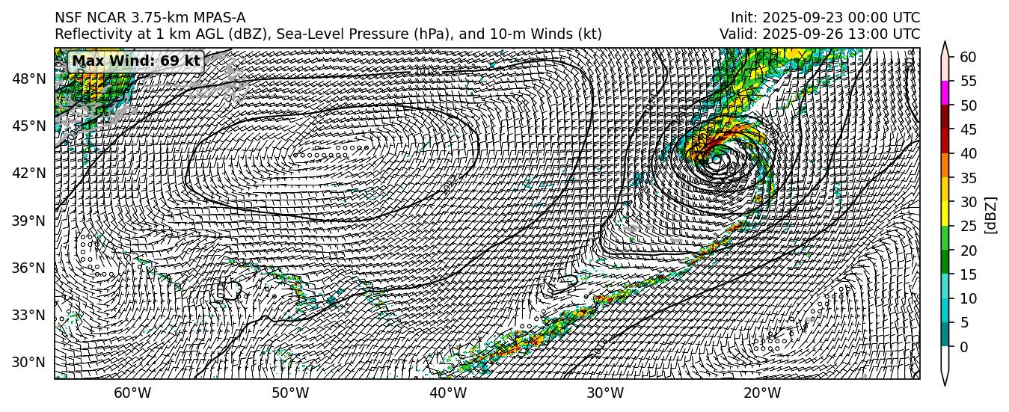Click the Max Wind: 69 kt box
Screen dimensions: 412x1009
(135, 61)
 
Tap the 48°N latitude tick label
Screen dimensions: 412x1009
(31, 79)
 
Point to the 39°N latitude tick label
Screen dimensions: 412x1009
(31, 221)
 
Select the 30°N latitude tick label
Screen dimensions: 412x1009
(31, 363)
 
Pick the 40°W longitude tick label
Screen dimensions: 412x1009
(447, 393)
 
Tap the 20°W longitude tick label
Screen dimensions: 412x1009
(762, 393)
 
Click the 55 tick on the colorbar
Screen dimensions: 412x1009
(969, 81)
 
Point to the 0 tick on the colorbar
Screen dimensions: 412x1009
(964, 347)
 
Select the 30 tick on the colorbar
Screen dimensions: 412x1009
(969, 202)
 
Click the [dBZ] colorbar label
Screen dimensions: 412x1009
(992, 215)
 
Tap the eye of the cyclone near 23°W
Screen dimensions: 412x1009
(716, 159)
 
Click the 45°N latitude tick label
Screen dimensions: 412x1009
(31, 126)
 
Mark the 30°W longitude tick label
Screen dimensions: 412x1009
(604, 393)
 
